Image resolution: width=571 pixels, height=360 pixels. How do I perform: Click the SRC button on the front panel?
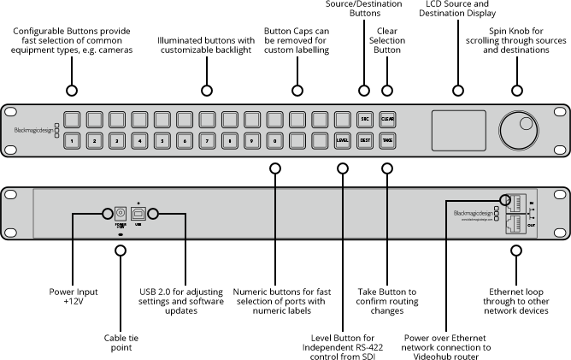click(x=364, y=120)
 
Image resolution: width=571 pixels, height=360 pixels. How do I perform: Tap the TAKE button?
click(x=386, y=140)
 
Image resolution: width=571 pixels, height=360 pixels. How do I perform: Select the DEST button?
click(x=364, y=140)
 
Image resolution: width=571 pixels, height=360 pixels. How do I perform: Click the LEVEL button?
click(x=342, y=140)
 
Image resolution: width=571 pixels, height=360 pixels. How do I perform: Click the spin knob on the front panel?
click(x=518, y=131)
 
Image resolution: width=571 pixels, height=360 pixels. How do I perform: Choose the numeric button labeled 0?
click(x=275, y=140)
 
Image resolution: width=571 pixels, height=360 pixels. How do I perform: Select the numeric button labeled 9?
click(x=253, y=140)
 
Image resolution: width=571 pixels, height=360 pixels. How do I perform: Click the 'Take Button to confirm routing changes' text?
click(x=387, y=301)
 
